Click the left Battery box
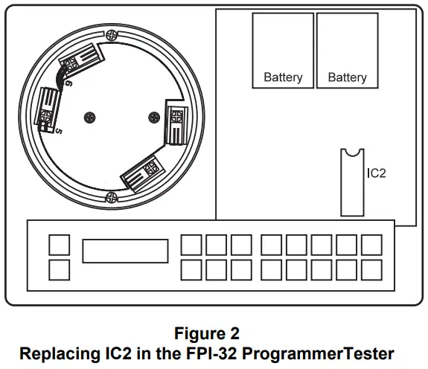[283, 51]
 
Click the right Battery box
[347, 51]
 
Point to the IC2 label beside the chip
[377, 173]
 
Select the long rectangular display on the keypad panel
[125, 251]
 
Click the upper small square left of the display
[60, 245]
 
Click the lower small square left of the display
[60, 269]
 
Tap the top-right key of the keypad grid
[370, 245]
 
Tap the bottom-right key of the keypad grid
[370, 269]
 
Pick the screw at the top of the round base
[112, 33]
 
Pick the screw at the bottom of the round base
[112, 196]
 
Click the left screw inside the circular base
[90, 117]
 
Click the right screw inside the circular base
[154, 117]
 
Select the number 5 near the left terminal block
[58, 132]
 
